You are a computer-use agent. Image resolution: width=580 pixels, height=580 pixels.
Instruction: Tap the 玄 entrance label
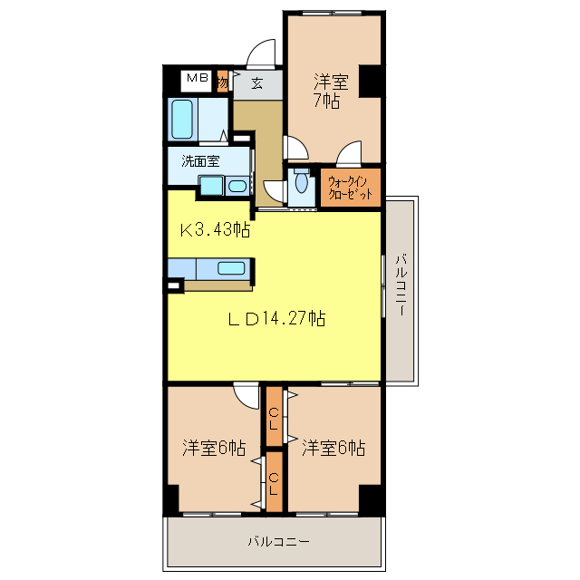pyautogui.click(x=256, y=83)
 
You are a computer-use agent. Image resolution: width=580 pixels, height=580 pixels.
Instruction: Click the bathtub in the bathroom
pyautogui.click(x=181, y=118)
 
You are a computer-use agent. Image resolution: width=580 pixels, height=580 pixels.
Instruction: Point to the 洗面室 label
pyautogui.click(x=200, y=161)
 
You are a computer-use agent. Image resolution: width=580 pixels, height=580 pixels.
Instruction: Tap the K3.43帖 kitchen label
pyautogui.click(x=214, y=230)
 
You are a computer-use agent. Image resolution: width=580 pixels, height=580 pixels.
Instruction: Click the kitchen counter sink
pyautogui.click(x=230, y=268)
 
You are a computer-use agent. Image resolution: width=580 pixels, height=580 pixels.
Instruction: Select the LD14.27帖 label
pyautogui.click(x=275, y=318)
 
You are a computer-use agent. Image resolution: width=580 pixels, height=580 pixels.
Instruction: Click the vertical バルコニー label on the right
pyautogui.click(x=400, y=285)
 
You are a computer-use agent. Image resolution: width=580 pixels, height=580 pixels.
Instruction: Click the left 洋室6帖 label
pyautogui.click(x=214, y=448)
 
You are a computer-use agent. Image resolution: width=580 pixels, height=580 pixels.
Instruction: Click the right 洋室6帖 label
pyautogui.click(x=333, y=448)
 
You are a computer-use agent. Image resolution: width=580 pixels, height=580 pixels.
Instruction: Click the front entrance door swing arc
pyautogui.click(x=263, y=52)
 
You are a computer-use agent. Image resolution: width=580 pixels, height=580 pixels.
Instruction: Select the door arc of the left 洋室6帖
pyautogui.click(x=245, y=397)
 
